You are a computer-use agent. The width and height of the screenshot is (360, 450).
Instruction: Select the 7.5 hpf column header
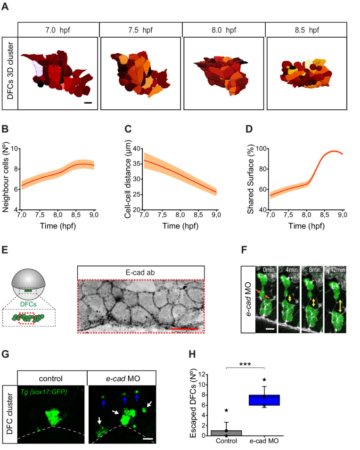(140, 29)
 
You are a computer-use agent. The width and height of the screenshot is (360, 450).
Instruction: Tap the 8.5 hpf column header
(306, 29)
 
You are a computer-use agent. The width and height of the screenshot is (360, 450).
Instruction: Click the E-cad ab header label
(140, 272)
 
